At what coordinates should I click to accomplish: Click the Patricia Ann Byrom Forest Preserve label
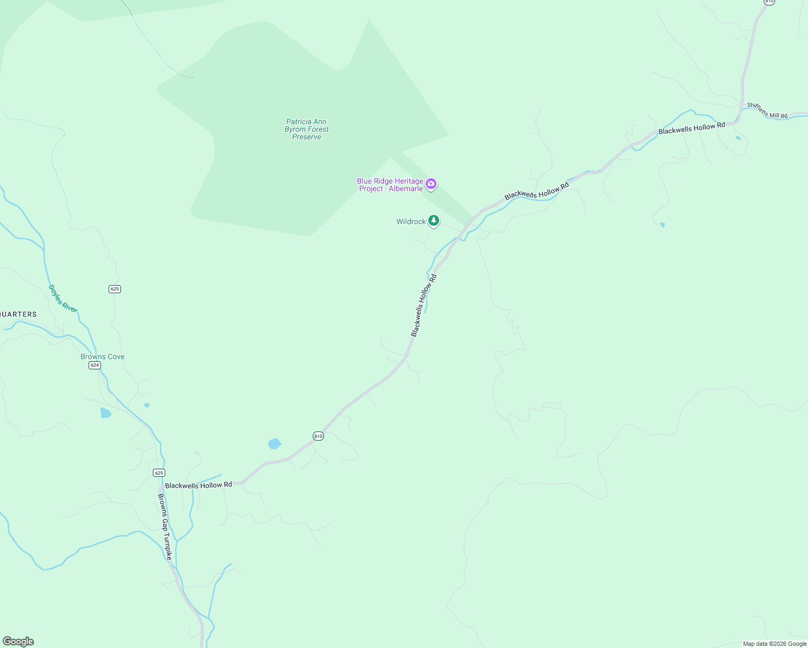click(307, 130)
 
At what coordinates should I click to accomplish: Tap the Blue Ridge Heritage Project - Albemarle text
click(390, 185)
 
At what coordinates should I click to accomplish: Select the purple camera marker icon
click(431, 184)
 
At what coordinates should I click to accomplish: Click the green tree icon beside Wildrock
click(434, 220)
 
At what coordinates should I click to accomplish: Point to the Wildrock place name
click(411, 221)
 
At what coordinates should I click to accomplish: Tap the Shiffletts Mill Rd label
click(767, 110)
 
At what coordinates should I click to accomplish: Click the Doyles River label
click(63, 299)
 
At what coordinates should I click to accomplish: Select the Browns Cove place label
click(103, 356)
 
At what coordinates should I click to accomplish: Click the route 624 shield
click(95, 366)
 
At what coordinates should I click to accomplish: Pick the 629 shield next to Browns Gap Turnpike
click(159, 473)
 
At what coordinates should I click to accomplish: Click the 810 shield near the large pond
click(318, 436)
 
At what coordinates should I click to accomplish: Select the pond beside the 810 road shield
click(274, 444)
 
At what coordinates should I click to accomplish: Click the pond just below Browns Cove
click(105, 413)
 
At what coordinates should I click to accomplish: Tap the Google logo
click(18, 642)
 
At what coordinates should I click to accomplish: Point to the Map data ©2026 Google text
click(775, 644)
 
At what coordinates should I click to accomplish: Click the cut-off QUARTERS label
click(18, 314)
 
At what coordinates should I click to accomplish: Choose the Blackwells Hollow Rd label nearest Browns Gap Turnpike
click(198, 485)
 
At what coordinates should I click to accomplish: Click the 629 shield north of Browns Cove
click(115, 289)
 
